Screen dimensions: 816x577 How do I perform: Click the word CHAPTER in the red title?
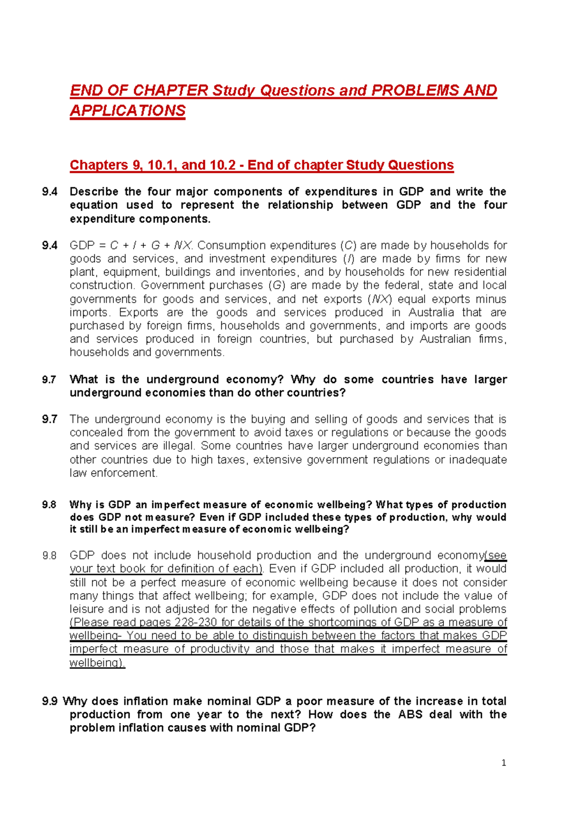coord(170,90)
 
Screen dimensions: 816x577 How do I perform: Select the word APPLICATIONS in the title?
coord(127,111)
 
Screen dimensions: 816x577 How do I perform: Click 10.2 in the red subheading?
coord(223,165)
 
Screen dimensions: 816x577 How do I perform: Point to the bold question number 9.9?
coord(50,701)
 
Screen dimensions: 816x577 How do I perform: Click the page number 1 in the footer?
coord(503,763)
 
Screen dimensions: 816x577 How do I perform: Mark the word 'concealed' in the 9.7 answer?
coord(93,433)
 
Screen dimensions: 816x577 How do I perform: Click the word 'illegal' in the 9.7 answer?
coord(178,446)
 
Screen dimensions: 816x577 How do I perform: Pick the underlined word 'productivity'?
coord(220,649)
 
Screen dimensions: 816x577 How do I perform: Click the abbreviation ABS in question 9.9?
coord(410,714)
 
